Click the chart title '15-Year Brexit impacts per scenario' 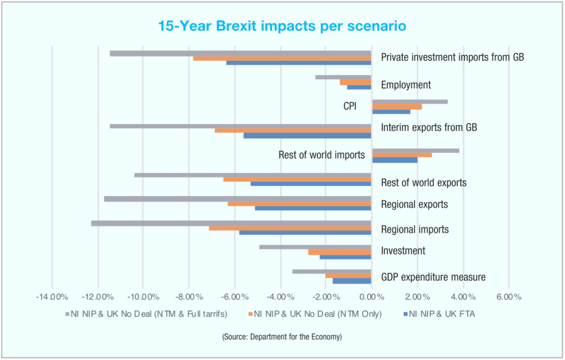[282, 26]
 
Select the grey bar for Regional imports [231, 223]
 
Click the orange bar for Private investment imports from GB [282, 58]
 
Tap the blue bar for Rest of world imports [395, 160]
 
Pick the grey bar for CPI [410, 101]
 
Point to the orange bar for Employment [356, 82]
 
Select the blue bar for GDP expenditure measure [352, 281]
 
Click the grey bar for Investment [315, 247]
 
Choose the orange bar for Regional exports [300, 204]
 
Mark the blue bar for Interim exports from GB [307, 136]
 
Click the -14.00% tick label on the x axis [52, 297]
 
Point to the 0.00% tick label [371, 297]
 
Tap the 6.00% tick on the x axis [509, 297]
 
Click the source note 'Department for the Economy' [282, 337]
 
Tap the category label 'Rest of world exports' [424, 183]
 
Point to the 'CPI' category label [350, 106]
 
